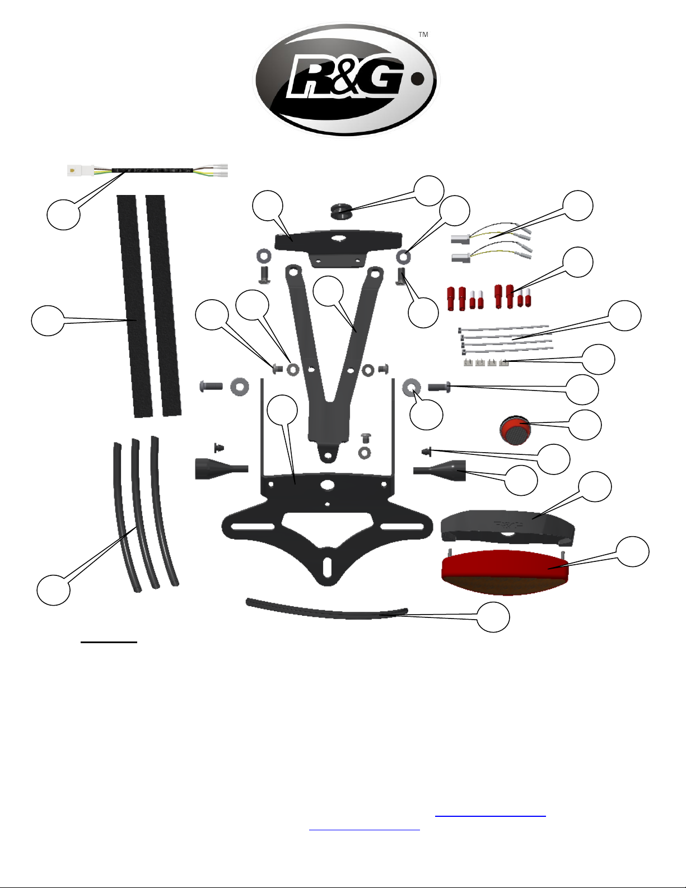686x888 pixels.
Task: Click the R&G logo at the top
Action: coord(346,80)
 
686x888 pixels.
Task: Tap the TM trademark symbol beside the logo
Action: coord(423,35)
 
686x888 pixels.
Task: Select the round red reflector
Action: coord(515,430)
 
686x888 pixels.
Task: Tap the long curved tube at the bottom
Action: coord(328,610)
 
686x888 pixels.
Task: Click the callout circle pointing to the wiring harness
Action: coord(63,214)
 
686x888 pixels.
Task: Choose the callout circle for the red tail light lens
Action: coord(633,552)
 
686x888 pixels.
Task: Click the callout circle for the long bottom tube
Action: coord(493,617)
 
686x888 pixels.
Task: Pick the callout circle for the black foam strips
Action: coord(48,320)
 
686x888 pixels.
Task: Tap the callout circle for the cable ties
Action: coord(624,315)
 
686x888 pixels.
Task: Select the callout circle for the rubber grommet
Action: coord(428,190)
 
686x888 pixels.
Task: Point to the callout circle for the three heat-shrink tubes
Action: coord(54,589)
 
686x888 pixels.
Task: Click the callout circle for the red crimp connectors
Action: coord(577,262)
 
